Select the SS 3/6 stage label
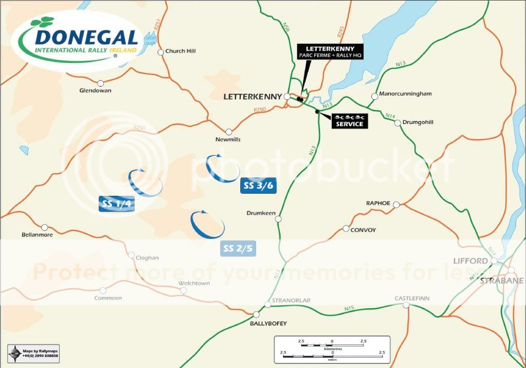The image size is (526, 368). tap(258, 186)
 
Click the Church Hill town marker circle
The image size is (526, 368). tap(161, 51)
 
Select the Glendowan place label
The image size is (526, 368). tap(95, 90)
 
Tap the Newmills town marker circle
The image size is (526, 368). tap(229, 132)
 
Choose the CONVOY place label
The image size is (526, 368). tap(363, 230)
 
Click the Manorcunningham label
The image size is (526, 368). tap(405, 94)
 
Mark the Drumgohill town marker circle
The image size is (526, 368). tap(398, 123)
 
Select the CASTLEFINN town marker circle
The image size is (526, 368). tap(406, 305)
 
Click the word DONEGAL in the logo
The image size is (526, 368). tap(86, 38)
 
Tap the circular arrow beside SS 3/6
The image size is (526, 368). tap(222, 168)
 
